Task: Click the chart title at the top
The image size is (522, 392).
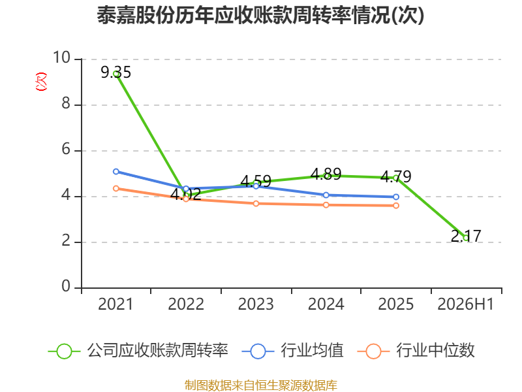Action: click(260, 15)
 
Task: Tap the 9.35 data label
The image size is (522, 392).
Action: click(116, 73)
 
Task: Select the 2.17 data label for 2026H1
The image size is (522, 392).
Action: click(466, 236)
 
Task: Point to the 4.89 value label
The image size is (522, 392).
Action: click(326, 174)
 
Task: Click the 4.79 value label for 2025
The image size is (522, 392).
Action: click(396, 176)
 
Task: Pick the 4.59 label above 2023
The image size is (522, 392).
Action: click(256, 182)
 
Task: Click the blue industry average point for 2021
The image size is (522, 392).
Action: click(116, 172)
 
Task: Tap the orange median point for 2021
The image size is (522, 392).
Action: click(116, 189)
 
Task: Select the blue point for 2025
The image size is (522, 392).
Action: click(396, 197)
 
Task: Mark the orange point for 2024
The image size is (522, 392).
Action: click(326, 205)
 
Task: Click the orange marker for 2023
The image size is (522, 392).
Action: click(256, 204)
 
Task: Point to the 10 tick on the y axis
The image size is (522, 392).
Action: click(61, 57)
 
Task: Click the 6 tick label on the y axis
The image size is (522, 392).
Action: click(66, 149)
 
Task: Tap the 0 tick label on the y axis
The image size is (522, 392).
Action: click(66, 286)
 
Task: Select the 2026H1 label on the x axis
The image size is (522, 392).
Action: click(466, 304)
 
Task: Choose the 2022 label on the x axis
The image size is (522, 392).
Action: click(186, 304)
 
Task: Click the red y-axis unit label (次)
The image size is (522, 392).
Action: click(41, 81)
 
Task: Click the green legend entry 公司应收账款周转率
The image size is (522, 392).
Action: click(138, 351)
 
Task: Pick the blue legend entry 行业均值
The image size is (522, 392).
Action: click(292, 351)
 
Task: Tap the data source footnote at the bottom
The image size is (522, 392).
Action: click(260, 385)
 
